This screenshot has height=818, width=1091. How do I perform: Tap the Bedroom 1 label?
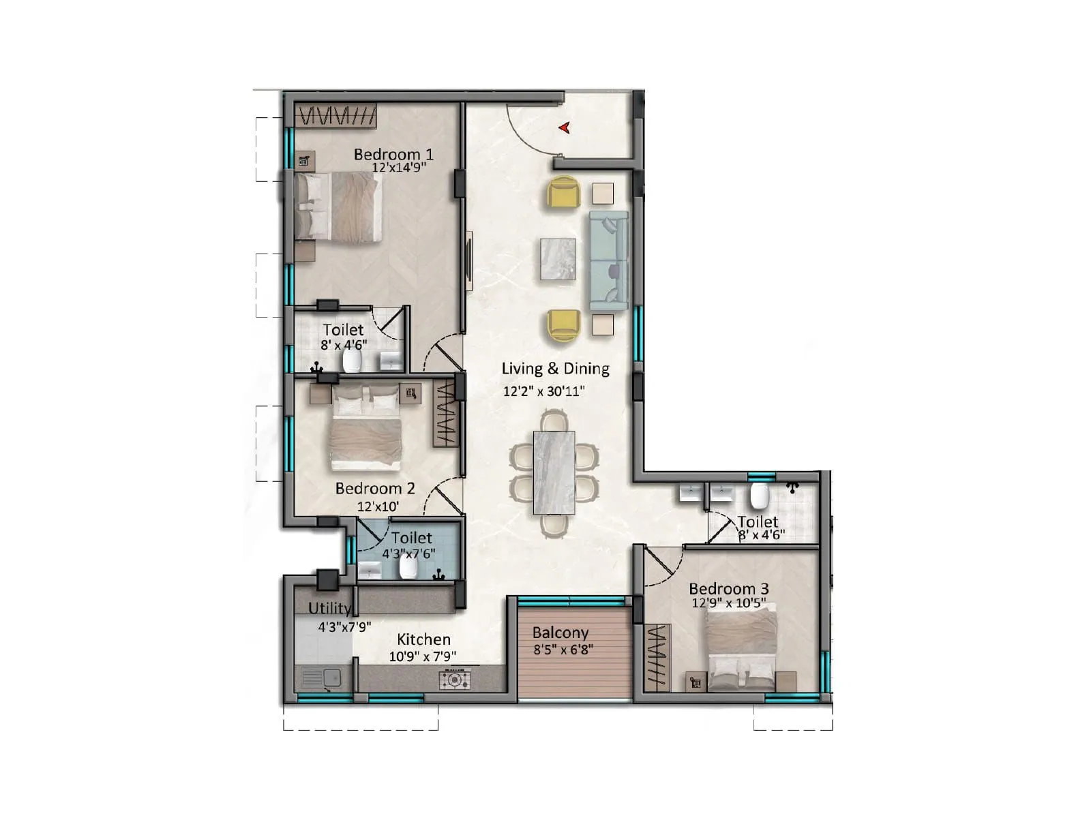[x=393, y=154]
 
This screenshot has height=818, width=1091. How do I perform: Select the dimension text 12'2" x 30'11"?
[x=544, y=391]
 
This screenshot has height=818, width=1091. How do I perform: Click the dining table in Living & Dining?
[x=554, y=472]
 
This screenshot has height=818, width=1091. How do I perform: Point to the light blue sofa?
[x=609, y=260]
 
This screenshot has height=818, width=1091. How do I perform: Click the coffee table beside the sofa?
[x=558, y=258]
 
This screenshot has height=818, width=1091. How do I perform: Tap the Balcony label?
[x=560, y=633]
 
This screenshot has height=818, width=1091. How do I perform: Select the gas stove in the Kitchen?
[x=454, y=679]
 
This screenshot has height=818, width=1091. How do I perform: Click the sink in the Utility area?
[x=322, y=679]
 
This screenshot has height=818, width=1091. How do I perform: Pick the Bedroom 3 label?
[x=728, y=588]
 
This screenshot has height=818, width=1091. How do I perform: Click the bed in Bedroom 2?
[x=365, y=429]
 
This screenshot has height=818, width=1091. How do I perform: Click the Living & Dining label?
[x=555, y=369]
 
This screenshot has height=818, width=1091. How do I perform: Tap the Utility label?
[x=330, y=608]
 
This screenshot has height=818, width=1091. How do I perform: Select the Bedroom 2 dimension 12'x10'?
[x=378, y=506]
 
